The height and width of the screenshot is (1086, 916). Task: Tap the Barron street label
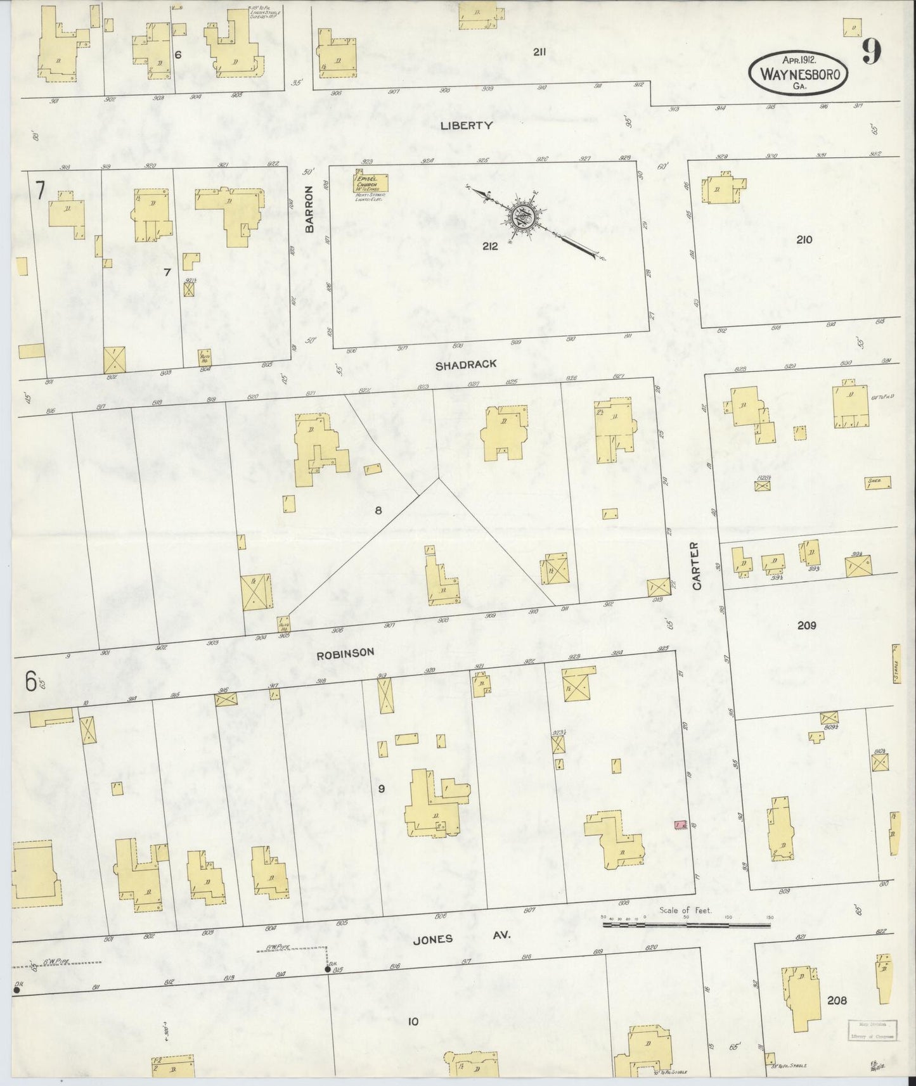(x=310, y=210)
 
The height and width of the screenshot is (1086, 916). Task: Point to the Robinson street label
(x=345, y=652)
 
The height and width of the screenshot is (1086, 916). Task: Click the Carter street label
(x=697, y=566)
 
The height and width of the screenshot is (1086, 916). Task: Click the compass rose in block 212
(x=524, y=218)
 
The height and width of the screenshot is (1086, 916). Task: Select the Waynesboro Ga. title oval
(x=798, y=73)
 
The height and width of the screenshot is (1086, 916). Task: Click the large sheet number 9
(x=870, y=52)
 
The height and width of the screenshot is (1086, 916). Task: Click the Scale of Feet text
(x=685, y=910)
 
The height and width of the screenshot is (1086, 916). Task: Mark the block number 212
(x=489, y=246)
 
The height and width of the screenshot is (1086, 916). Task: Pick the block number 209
(x=806, y=625)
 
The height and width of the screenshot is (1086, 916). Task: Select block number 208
(x=837, y=1000)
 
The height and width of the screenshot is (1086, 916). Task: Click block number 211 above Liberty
(x=539, y=53)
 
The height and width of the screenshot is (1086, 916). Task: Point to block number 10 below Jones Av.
(x=413, y=1021)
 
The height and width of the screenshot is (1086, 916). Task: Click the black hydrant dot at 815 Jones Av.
(x=328, y=969)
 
